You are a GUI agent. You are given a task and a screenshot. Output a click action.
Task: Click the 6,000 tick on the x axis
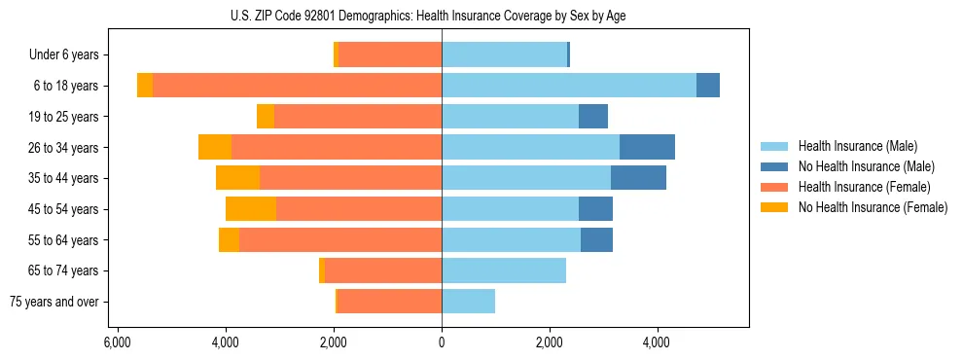tap(117, 342)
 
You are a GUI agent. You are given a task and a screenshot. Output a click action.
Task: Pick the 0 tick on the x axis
tap(442, 342)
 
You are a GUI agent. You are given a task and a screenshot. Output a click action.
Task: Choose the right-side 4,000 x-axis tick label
tap(657, 342)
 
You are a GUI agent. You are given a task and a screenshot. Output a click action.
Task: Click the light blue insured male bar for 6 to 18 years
tap(569, 86)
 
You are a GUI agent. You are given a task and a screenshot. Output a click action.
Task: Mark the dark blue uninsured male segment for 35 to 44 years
tap(638, 178)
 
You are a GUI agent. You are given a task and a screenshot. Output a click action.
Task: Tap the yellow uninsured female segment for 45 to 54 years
tap(251, 209)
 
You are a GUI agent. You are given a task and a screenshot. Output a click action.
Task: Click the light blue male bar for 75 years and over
tap(468, 302)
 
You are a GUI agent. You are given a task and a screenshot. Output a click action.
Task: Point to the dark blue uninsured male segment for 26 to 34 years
tap(647, 147)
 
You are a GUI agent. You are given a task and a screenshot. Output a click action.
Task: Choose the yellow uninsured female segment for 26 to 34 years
tap(215, 147)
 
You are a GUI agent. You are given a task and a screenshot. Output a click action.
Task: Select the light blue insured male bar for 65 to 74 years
tap(504, 270)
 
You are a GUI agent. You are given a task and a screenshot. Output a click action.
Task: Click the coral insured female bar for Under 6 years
tap(390, 54)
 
